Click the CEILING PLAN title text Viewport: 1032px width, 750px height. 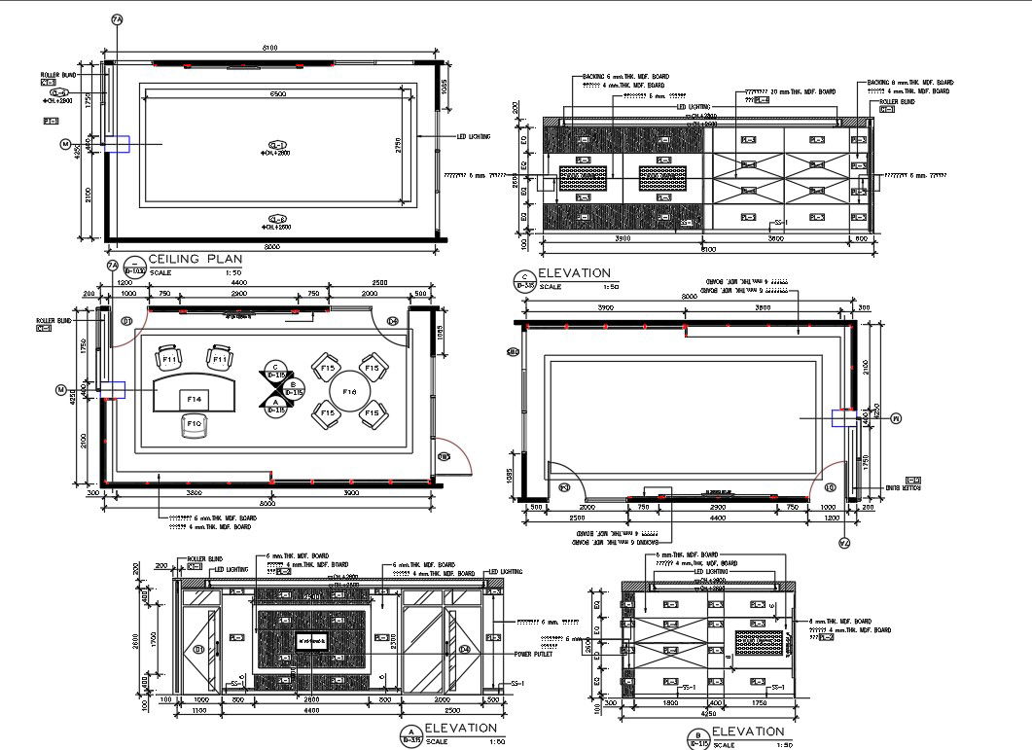(x=196, y=259)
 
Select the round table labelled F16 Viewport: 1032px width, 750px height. (x=349, y=391)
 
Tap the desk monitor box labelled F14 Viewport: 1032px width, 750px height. (x=195, y=398)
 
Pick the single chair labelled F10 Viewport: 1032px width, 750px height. (x=194, y=425)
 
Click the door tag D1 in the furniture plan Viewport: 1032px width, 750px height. (x=125, y=320)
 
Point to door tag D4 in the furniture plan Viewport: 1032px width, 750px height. (x=393, y=320)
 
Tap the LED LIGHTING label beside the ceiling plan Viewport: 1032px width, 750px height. (x=474, y=137)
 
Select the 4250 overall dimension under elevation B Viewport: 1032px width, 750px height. (x=708, y=712)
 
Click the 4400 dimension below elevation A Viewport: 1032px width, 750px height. (x=310, y=711)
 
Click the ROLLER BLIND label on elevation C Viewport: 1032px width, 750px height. (x=897, y=101)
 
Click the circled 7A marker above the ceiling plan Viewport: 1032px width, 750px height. (x=117, y=20)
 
